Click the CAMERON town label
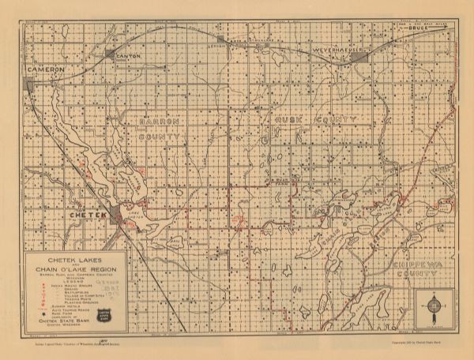click(x=44, y=69)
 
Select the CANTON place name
click(x=127, y=58)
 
